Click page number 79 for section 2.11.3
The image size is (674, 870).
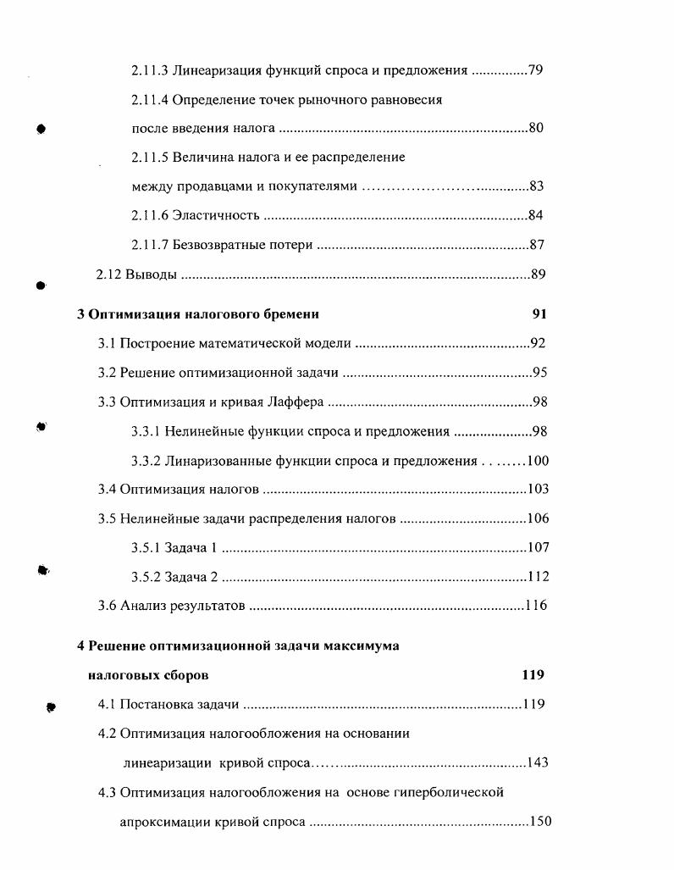(x=535, y=70)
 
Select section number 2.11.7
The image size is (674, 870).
(x=150, y=245)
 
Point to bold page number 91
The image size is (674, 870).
(x=539, y=314)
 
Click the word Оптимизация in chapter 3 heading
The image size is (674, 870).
(x=127, y=314)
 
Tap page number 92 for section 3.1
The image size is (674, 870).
(x=538, y=344)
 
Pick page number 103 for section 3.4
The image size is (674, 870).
(x=537, y=490)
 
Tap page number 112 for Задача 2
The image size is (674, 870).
(x=537, y=578)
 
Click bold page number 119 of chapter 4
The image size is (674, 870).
(x=533, y=676)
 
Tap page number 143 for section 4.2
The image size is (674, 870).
(x=537, y=762)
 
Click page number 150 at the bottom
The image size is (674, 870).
(x=539, y=822)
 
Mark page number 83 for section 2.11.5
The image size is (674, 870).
(x=536, y=186)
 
